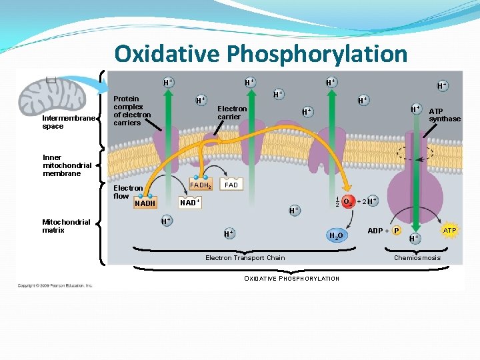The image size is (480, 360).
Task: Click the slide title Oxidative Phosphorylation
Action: (x=260, y=53)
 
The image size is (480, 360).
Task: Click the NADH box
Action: (x=145, y=203)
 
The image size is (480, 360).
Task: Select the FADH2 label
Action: (x=201, y=185)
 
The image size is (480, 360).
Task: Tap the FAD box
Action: (x=231, y=185)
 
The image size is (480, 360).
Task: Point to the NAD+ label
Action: (x=190, y=202)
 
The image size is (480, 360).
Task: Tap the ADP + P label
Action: (x=384, y=231)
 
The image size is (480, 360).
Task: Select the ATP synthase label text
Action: (x=444, y=115)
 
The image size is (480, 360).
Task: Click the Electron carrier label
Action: (x=232, y=113)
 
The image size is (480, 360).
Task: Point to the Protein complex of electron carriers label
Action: (x=132, y=111)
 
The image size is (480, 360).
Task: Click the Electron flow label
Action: (x=127, y=192)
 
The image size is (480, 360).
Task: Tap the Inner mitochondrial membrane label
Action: (x=67, y=165)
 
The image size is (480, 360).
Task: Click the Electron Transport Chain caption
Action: (x=245, y=257)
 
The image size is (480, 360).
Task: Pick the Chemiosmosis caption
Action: (x=417, y=257)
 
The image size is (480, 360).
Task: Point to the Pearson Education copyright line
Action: (x=55, y=285)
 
